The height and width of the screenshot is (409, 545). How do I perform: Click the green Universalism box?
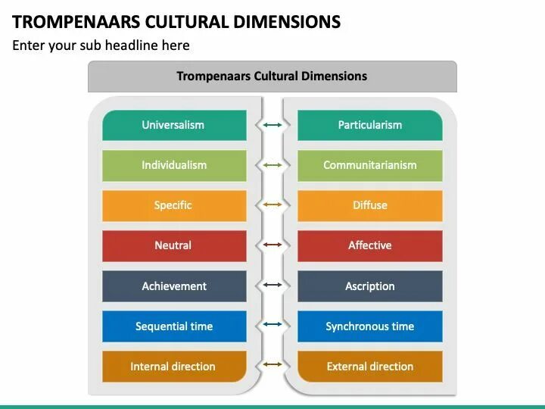click(174, 125)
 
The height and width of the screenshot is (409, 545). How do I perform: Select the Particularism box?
click(369, 125)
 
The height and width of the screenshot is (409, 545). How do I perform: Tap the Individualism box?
click(174, 165)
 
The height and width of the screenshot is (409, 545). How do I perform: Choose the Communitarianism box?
click(369, 165)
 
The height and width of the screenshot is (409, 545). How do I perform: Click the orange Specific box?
click(174, 205)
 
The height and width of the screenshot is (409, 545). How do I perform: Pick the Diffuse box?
click(369, 205)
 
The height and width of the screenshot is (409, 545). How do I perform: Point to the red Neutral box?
click(174, 245)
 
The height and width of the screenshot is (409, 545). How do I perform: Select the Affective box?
click(369, 245)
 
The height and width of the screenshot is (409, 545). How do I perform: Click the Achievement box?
click(174, 286)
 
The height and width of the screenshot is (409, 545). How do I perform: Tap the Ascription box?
click(369, 286)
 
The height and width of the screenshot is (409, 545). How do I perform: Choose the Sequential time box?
click(174, 326)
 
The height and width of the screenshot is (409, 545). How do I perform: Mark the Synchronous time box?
click(369, 326)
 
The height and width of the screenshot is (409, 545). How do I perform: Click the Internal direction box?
click(174, 367)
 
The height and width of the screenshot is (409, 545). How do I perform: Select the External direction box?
click(369, 367)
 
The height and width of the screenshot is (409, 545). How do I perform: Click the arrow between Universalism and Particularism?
click(272, 125)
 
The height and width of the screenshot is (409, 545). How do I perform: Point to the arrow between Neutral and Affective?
click(272, 245)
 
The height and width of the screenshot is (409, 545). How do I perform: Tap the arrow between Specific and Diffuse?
click(272, 205)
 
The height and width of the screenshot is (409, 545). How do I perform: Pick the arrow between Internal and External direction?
click(272, 367)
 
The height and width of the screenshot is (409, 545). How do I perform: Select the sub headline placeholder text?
click(101, 45)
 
